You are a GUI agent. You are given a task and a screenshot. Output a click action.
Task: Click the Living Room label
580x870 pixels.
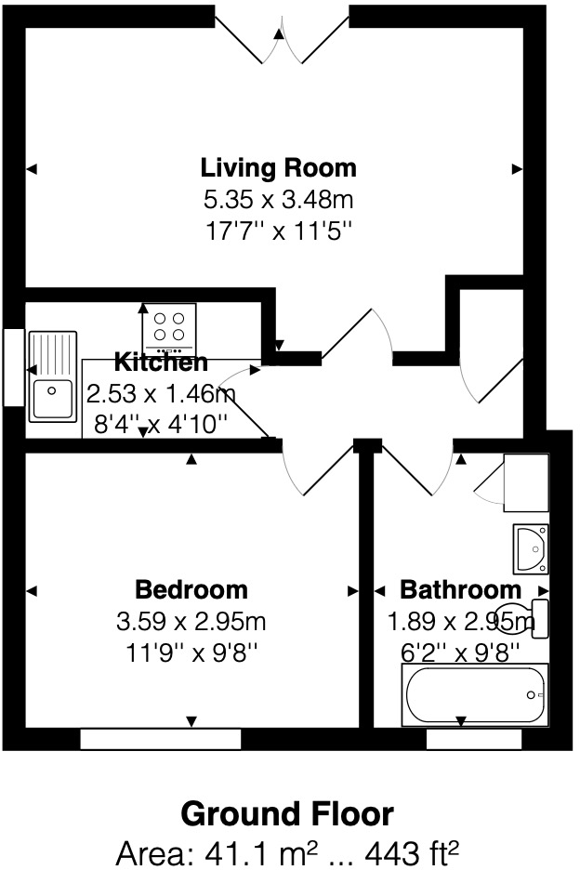click(278, 168)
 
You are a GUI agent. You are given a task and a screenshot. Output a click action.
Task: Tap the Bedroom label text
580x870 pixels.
click(191, 589)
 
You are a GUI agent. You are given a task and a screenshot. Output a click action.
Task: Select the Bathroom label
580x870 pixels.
click(460, 589)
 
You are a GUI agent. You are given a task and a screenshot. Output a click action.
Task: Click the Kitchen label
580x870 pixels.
click(161, 362)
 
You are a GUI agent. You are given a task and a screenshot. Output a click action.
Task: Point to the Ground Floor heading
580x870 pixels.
click(287, 814)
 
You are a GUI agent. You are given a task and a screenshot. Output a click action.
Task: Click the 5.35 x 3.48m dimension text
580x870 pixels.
click(278, 199)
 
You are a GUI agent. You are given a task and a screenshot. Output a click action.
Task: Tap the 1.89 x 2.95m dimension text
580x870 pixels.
click(460, 621)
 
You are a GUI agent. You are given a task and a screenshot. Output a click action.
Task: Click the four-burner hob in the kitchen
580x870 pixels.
click(168, 326)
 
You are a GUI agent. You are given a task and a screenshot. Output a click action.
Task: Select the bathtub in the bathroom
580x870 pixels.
click(475, 695)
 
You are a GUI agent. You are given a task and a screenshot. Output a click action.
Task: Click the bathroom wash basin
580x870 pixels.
click(531, 548)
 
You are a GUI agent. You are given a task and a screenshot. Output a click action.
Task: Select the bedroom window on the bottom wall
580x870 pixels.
click(160, 739)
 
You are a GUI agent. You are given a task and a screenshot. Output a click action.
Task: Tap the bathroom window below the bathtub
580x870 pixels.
click(473, 739)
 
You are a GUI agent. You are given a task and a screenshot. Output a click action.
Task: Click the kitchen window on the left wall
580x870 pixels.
click(13, 367)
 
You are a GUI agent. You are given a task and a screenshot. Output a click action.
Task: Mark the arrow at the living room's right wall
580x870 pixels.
click(517, 168)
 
